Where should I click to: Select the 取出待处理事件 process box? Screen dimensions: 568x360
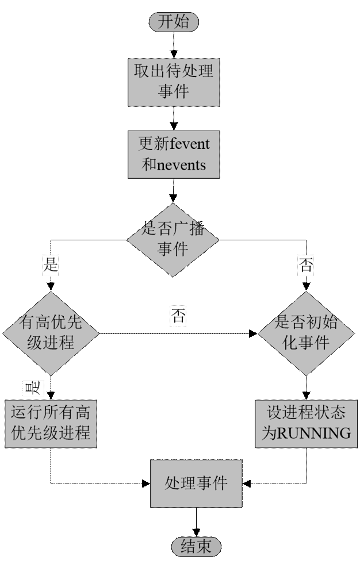tap(173, 81)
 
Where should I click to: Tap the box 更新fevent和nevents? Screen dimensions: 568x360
tap(173, 153)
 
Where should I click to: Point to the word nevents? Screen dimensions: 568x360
tap(181, 165)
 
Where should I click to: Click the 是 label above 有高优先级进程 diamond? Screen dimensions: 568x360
tap(51, 265)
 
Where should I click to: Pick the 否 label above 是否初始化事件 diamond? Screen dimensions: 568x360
tap(306, 265)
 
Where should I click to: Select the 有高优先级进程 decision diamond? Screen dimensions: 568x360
tap(51, 333)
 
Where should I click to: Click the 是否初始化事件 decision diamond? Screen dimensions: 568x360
tap(306, 333)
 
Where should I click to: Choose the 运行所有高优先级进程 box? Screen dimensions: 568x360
tap(51, 423)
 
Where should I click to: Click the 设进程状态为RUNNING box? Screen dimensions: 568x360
tap(306, 423)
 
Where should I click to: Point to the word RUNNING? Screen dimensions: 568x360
tap(314, 433)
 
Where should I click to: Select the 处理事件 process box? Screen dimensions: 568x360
tap(196, 483)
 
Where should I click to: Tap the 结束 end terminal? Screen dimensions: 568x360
tap(196, 546)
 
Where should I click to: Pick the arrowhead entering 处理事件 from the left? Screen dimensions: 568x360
tap(147, 483)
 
